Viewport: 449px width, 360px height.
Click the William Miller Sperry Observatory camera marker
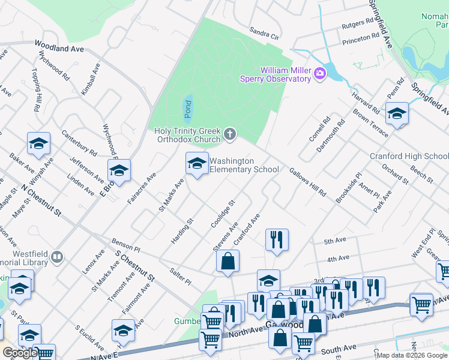coord(320,74)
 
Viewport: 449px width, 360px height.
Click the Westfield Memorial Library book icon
coord(57,257)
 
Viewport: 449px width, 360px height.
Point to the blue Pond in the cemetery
coord(187,106)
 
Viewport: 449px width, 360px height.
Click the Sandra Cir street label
coord(265,35)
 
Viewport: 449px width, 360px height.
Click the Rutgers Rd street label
coord(357,25)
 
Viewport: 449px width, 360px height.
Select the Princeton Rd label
coord(361,40)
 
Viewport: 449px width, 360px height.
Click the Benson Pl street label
coord(125,245)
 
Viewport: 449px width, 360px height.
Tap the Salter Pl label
coord(180,277)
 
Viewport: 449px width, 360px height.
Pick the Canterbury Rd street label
coord(79,144)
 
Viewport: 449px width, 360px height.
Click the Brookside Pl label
coord(349,188)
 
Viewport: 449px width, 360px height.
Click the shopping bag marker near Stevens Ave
coord(228,262)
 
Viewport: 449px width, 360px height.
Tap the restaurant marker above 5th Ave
coord(277,240)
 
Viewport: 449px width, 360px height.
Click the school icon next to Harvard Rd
coord(397,113)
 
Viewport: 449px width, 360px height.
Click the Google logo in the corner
coord(20,353)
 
